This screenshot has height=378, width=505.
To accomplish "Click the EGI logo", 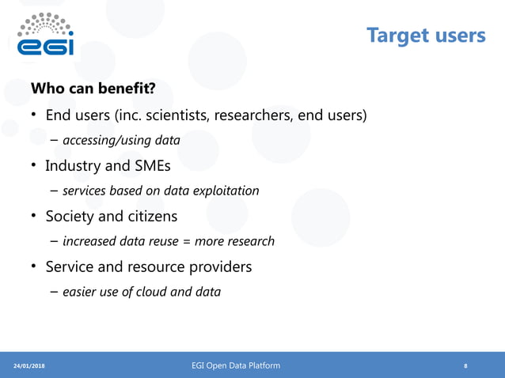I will pos(46,36).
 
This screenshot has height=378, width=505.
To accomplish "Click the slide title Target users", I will pos(426,36).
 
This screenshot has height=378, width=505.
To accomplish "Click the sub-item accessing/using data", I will pos(121,141).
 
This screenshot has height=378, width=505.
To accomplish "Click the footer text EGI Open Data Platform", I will pos(235,365).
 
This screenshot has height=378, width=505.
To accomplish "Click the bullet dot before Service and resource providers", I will pos(34,266).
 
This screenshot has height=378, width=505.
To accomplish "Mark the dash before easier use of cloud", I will pos(54,292).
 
